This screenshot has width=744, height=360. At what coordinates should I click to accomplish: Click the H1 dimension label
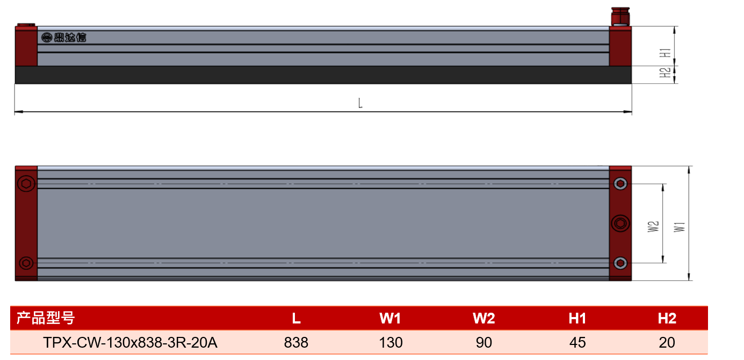[665, 53]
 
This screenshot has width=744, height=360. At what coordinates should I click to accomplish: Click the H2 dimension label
[665, 73]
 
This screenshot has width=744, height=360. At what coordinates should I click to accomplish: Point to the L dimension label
[360, 103]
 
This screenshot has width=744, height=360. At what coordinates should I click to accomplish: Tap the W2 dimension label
[653, 227]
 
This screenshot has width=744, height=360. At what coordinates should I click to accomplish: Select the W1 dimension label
[679, 227]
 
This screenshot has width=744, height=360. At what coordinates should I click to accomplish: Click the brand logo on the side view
[64, 37]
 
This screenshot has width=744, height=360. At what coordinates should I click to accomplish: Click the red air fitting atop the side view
[620, 16]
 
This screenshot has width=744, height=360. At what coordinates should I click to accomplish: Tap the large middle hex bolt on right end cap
[620, 223]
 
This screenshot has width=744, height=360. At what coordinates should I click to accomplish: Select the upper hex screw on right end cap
[620, 184]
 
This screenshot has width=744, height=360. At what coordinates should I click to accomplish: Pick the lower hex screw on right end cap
[620, 263]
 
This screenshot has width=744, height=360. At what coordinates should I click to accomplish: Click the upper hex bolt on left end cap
[26, 184]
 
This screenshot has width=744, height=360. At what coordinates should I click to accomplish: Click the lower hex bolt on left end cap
[26, 263]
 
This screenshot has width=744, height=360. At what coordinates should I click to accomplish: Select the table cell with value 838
[296, 342]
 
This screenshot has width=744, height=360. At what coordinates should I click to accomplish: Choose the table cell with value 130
[391, 342]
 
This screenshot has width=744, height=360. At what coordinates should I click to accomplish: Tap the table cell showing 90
[483, 342]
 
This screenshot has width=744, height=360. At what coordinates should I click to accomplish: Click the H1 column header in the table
[577, 318]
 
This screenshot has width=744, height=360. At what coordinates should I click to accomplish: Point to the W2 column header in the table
[483, 318]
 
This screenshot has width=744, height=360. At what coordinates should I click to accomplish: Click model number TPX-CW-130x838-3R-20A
[130, 342]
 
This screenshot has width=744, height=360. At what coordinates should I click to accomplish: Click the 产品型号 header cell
[46, 318]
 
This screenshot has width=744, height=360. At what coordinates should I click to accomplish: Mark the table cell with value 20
[667, 342]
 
